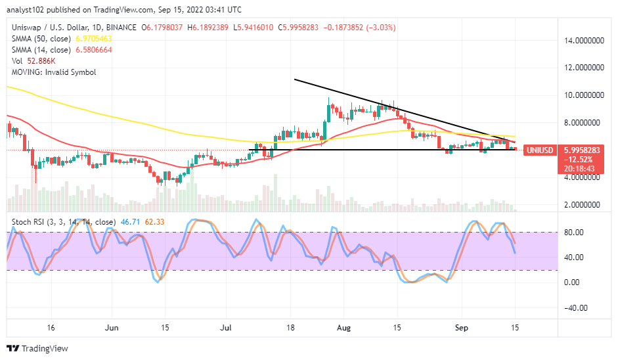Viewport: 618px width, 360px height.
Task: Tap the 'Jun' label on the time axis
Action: [112, 326]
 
